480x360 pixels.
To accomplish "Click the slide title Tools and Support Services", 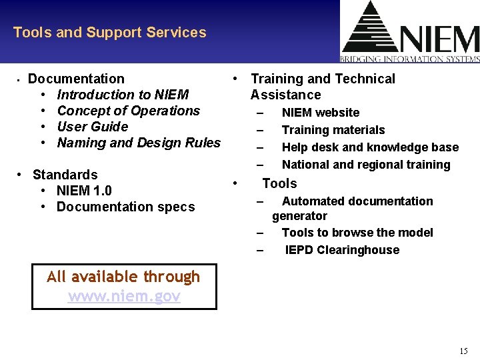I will click(x=109, y=33).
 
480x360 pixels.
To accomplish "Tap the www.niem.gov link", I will click(x=124, y=297).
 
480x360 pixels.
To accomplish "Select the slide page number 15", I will click(x=463, y=351).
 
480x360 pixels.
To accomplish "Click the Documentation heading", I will click(x=76, y=79).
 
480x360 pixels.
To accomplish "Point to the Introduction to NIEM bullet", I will click(x=123, y=95).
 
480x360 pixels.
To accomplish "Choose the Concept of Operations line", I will click(x=128, y=111).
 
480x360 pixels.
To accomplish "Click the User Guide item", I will click(x=92, y=127).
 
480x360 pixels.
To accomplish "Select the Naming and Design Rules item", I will click(x=139, y=143).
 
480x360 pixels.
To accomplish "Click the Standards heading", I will click(x=65, y=175).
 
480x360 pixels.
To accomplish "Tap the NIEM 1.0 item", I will click(x=84, y=191).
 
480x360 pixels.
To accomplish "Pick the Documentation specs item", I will click(x=125, y=207).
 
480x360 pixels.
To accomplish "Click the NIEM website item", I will click(x=320, y=113).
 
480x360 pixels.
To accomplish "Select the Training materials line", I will click(x=333, y=131).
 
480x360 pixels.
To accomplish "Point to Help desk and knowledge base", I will click(x=370, y=148).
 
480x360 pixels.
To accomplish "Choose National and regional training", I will click(x=366, y=165).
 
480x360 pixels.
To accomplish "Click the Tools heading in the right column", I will click(x=279, y=184).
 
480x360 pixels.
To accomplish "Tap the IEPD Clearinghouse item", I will click(x=342, y=251).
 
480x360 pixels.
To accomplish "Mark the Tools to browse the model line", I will click(x=357, y=233).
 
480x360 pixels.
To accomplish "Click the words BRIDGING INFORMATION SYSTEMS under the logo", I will click(x=410, y=59).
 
